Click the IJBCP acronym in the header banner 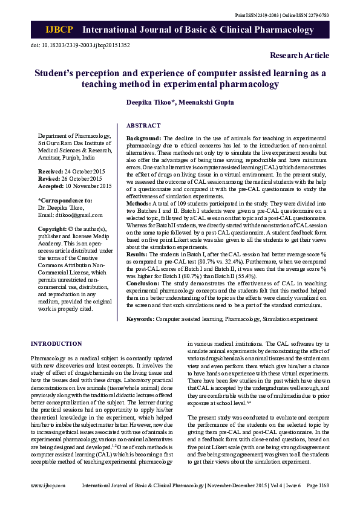[58, 30]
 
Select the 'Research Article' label [299, 56]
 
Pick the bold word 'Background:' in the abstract [143, 138]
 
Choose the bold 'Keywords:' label [140, 318]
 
